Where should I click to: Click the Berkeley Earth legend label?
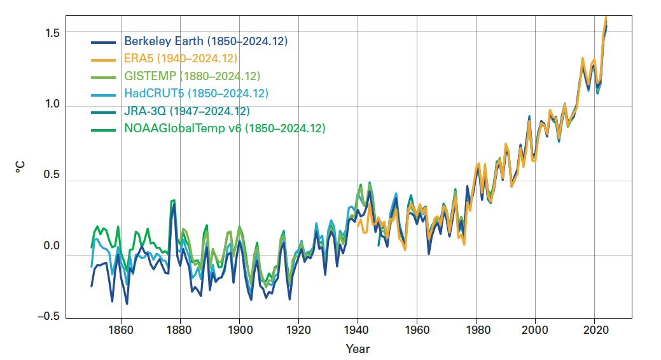[205, 41]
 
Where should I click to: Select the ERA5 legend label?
[181, 59]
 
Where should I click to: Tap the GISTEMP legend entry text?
[192, 76]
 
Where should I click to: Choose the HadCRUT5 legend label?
[196, 93]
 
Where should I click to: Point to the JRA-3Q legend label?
[186, 111]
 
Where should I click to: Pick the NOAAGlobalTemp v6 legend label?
[225, 128]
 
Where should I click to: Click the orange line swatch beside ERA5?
[104, 59]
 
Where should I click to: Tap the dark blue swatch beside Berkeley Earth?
[104, 42]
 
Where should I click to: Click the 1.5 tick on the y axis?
[52, 32]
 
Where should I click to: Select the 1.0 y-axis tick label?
[52, 104]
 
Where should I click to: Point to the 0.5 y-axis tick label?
[52, 175]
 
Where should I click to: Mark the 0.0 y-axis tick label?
[52, 246]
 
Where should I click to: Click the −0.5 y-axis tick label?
[49, 317]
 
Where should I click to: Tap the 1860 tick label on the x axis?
[121, 330]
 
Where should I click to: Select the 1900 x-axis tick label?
[239, 330]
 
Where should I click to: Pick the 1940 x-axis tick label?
[358, 330]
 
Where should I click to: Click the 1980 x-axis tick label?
[476, 330]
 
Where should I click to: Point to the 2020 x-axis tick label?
[594, 330]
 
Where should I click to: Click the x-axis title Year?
[358, 349]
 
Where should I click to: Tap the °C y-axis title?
[20, 168]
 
